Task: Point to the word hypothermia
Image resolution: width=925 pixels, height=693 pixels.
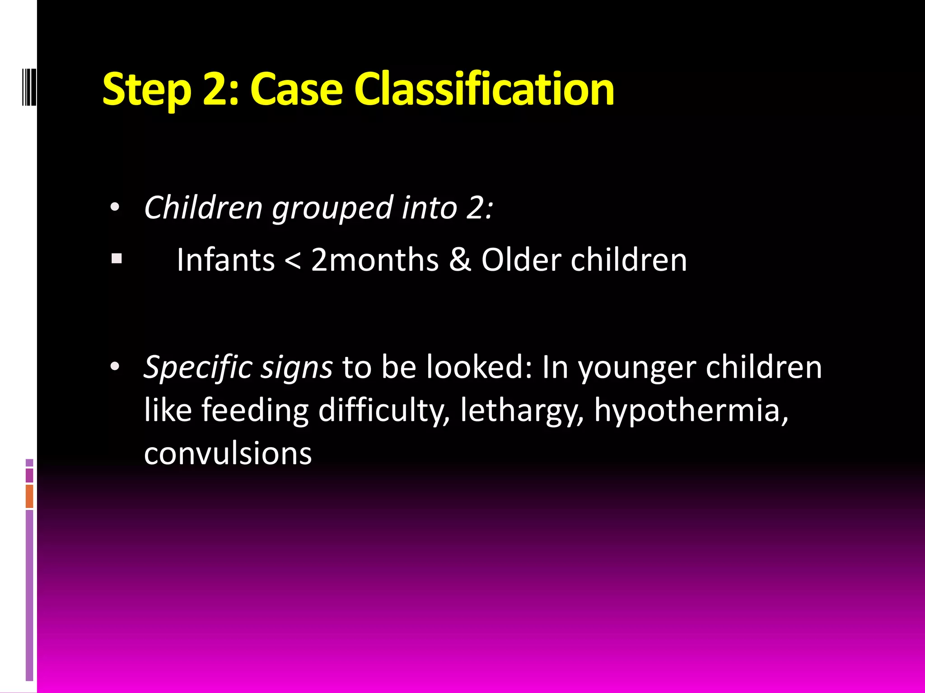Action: coord(691,411)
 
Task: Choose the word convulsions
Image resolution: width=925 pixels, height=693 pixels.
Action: coord(228,453)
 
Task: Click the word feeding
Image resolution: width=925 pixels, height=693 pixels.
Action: coord(255,411)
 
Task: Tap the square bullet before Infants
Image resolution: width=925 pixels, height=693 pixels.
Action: coord(117,259)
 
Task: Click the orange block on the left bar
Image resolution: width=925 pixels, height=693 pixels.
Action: coord(29,496)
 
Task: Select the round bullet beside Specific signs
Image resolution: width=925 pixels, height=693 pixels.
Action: coord(115,366)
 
